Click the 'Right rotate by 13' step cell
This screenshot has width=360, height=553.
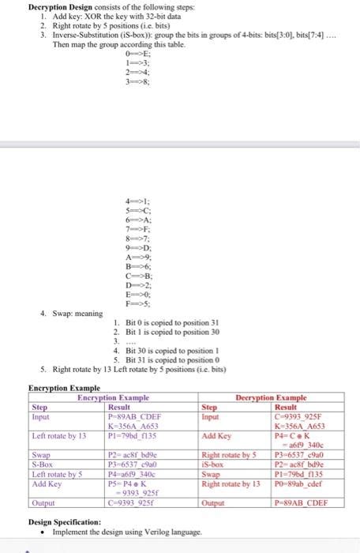coord(228,481)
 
